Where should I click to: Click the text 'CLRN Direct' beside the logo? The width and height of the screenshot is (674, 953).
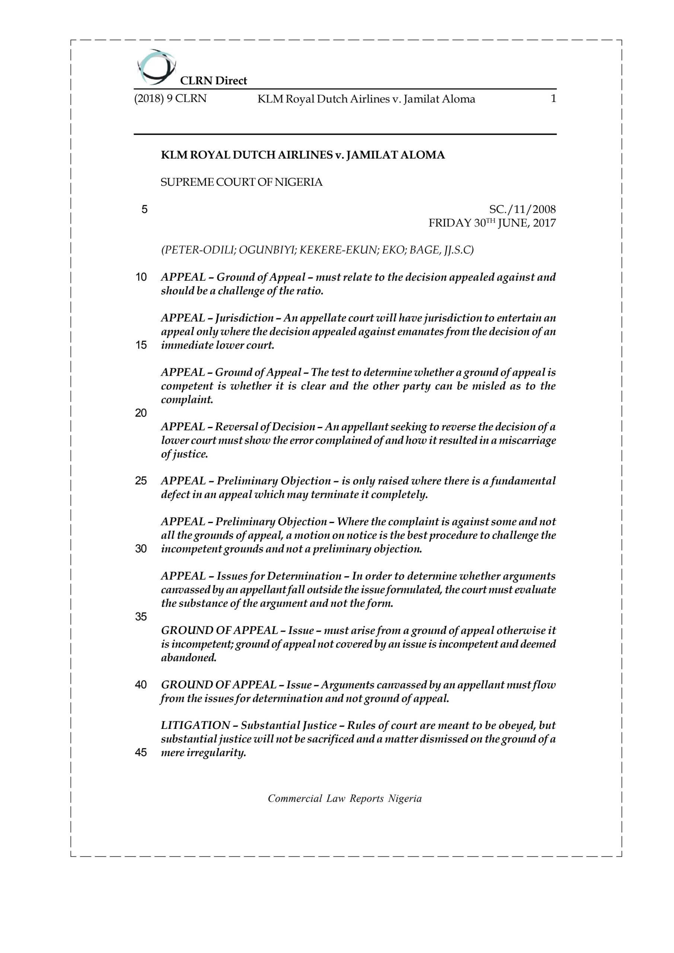(213, 80)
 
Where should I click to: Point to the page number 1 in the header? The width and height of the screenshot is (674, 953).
(553, 99)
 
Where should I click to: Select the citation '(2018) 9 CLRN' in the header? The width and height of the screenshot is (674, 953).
(170, 99)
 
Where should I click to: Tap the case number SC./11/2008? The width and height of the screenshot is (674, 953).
(523, 209)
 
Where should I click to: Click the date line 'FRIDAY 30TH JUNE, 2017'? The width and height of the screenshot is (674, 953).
(492, 223)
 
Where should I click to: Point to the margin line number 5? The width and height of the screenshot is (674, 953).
(144, 209)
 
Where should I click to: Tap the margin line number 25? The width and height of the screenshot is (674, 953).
(141, 481)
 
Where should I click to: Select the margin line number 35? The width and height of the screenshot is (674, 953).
(141, 617)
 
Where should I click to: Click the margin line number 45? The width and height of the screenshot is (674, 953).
(141, 752)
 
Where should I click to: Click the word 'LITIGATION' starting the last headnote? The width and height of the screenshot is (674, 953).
(195, 726)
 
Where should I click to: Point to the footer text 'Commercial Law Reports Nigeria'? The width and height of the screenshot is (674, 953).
(345, 798)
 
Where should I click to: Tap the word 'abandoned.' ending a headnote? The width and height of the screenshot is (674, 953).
(189, 658)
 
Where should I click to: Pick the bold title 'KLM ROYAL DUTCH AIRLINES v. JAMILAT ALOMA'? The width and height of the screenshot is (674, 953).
(303, 155)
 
